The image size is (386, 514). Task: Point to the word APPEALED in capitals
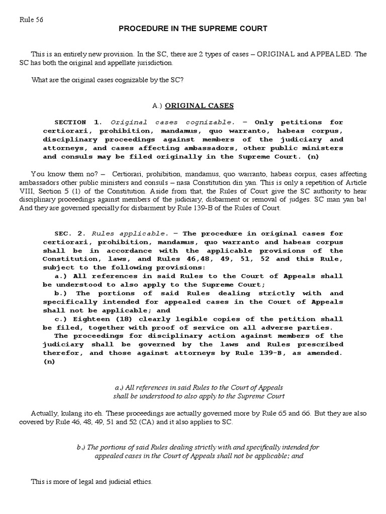[x=324, y=54]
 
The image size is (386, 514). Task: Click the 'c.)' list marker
[x=61, y=319]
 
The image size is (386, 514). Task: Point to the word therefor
[x=60, y=353]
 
